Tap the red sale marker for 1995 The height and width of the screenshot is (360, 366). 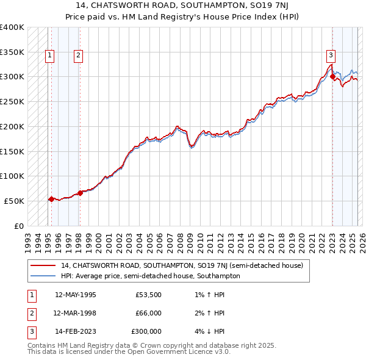pos(51,199)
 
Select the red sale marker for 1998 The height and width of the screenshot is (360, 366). pos(80,193)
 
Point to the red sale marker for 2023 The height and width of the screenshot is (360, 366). pos(332,77)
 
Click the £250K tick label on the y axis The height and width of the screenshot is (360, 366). pos(12,101)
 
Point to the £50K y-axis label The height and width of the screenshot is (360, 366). pos(15,201)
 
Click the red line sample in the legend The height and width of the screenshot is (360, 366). pos(43,265)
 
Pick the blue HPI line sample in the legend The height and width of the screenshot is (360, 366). pos(43,276)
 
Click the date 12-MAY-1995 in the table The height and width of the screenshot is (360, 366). pos(75,295)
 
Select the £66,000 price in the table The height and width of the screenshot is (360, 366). pos(147,313)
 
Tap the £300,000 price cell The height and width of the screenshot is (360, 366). pos(146,331)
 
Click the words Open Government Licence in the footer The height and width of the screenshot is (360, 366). pos(171,352)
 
